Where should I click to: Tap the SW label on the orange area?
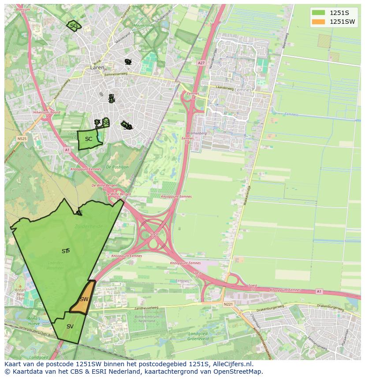coord(84,299)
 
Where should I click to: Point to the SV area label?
coord(70,327)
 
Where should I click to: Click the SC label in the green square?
coord(89,139)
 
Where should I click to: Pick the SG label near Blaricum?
coord(74,26)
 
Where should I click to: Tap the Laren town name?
coord(97,68)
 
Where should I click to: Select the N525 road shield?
coord(22,139)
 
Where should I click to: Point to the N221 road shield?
coord(228,304)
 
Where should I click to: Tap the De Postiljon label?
coord(117,167)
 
